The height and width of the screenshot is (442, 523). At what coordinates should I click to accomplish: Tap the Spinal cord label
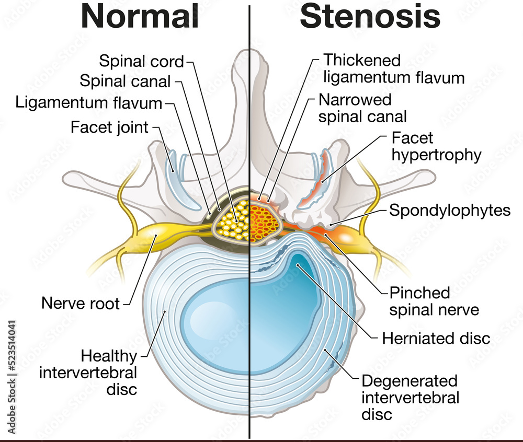(142, 62)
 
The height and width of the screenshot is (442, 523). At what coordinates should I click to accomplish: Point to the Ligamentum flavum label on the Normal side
(89, 102)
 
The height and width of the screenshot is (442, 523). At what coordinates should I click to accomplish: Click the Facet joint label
(109, 127)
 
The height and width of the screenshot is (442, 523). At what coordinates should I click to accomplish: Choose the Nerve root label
(81, 303)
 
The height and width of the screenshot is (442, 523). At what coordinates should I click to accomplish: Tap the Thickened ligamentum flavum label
(394, 69)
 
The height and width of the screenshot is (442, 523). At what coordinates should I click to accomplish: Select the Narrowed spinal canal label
(362, 108)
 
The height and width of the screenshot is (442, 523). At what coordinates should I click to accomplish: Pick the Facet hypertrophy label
(436, 146)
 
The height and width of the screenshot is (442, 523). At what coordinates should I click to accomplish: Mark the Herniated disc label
(436, 338)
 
